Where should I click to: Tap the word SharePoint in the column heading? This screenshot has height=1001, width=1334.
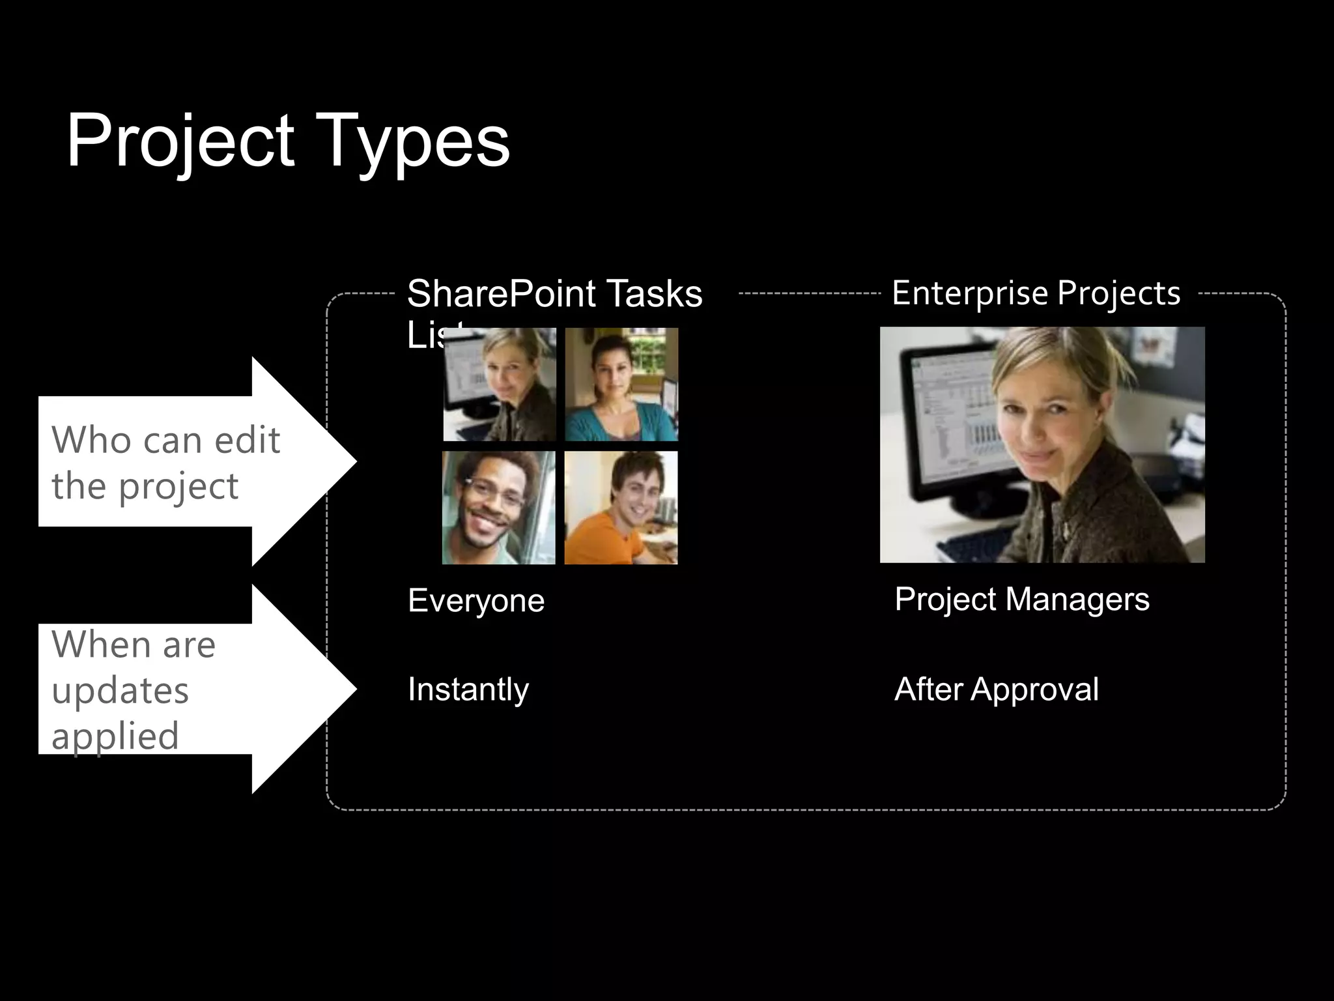click(x=502, y=293)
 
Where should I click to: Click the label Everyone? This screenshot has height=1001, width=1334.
click(x=475, y=600)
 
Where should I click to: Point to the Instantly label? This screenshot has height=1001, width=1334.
click(x=468, y=689)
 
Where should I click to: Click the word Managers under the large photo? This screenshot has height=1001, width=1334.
click(x=1077, y=599)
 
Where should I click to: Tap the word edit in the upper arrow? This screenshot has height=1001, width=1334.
click(x=247, y=440)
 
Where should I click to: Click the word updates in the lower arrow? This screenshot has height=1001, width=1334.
click(x=120, y=690)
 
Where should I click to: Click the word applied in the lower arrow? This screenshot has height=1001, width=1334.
click(x=115, y=736)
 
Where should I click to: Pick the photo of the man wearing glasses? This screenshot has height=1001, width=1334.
click(x=498, y=508)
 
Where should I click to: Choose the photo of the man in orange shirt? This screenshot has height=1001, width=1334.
click(x=621, y=508)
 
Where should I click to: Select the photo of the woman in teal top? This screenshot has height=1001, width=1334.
click(x=621, y=384)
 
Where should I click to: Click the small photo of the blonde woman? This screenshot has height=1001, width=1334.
click(x=500, y=384)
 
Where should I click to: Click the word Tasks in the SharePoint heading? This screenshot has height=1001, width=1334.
click(x=654, y=293)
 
